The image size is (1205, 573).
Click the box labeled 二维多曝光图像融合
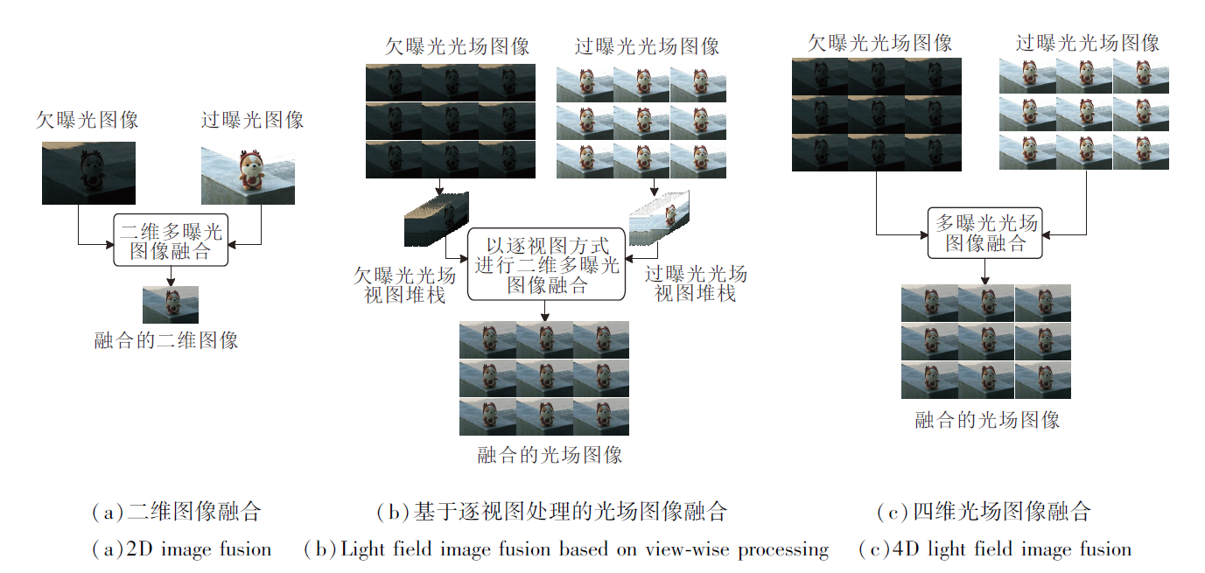coord(171,241)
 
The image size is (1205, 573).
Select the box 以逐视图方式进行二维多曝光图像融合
coord(547,264)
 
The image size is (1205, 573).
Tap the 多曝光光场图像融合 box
coord(985,233)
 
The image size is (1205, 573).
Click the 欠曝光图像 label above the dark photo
coord(88,120)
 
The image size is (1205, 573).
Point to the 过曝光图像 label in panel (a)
coord(252,120)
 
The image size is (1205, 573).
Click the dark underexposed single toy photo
coord(88,173)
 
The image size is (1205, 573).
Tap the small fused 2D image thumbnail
coord(171,304)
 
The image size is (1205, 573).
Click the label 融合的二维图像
coord(166,340)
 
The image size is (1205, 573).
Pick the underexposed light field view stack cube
coord(437,220)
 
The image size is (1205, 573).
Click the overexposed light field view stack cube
coord(660,218)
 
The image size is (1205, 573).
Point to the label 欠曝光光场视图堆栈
coord(404,285)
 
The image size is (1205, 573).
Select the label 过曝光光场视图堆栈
coord(696,283)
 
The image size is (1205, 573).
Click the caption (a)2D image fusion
coord(182,549)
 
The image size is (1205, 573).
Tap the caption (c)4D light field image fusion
coord(995,549)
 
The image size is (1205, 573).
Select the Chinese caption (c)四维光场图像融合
coord(984,511)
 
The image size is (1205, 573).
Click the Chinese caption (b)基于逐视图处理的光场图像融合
coord(552,511)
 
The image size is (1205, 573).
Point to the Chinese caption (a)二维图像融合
coord(177,511)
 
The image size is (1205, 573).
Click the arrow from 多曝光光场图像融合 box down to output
coord(985,271)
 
